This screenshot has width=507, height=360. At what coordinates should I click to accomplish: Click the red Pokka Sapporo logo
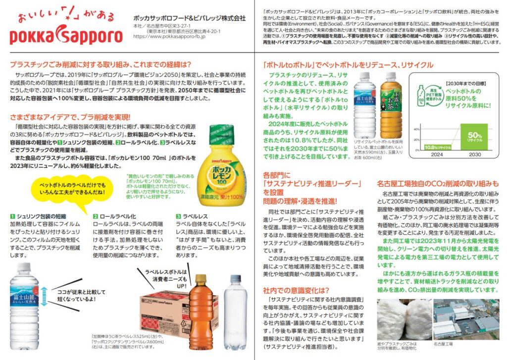[x=66, y=36]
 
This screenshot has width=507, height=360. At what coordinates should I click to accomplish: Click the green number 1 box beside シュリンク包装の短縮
[x=12, y=216]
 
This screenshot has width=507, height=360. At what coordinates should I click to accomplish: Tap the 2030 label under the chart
[x=475, y=154]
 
